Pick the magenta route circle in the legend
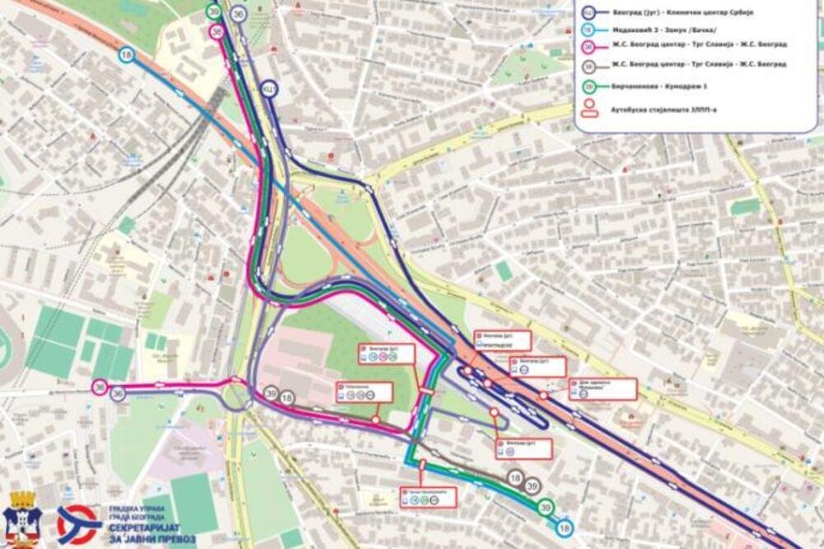tap(589, 46)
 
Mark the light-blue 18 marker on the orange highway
tap(126, 55)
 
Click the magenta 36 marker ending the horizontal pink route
tap(100, 387)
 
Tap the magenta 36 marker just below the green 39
tap(217, 31)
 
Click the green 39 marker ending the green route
tap(545, 509)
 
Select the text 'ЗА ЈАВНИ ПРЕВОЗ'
tap(148, 537)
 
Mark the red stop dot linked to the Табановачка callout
tap(376, 420)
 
